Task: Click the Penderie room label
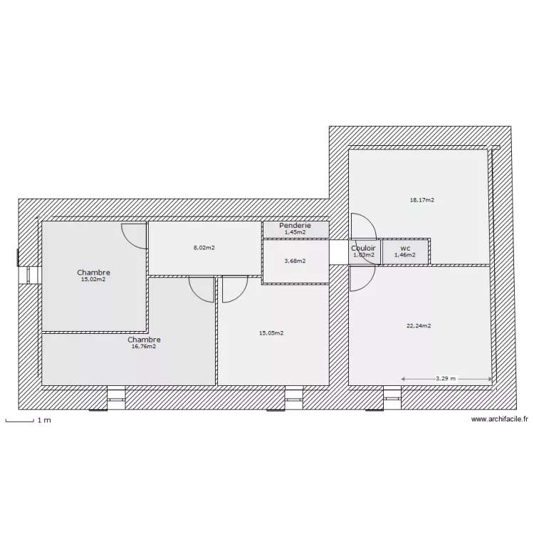tap(295, 225)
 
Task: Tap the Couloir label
tap(363, 248)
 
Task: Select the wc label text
tap(405, 248)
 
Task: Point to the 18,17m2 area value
tap(422, 200)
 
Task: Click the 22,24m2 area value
tap(419, 325)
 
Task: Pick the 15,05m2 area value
tap(271, 333)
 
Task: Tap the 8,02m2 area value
tap(204, 248)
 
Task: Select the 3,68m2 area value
tap(295, 261)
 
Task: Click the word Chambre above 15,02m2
tap(94, 273)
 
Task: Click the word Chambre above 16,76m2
tap(144, 340)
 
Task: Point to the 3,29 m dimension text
tap(446, 379)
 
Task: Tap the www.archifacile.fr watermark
tap(500, 420)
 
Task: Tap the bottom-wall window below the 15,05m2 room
tap(294, 398)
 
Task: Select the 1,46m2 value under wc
tap(404, 255)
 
